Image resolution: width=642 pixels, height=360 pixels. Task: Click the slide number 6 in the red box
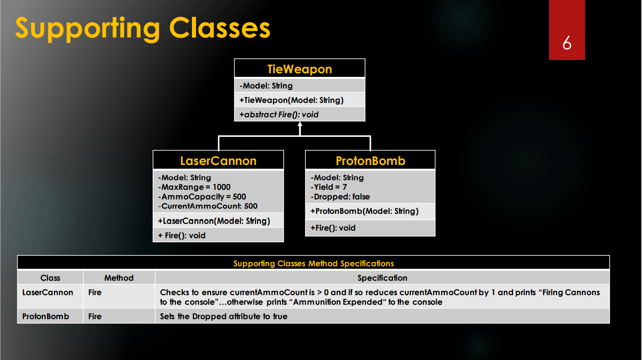[567, 43]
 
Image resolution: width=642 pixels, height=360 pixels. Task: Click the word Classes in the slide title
[220, 28]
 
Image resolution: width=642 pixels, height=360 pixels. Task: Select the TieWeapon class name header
[299, 69]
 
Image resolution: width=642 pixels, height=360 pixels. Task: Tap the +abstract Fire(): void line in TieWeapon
[279, 115]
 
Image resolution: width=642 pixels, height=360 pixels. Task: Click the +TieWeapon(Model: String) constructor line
[291, 100]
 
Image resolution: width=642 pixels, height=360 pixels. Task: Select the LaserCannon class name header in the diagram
[218, 161]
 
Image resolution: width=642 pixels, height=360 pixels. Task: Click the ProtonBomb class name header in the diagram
[370, 161]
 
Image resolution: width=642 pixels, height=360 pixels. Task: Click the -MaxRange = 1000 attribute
[194, 187]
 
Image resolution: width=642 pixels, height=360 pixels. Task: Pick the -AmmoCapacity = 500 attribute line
[202, 197]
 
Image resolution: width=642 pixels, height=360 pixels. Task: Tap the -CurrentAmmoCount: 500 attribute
[208, 206]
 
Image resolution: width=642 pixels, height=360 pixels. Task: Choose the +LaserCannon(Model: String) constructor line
[214, 221]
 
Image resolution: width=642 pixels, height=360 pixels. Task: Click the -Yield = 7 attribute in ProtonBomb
[329, 187]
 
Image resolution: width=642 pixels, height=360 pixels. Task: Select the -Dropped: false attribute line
[340, 197]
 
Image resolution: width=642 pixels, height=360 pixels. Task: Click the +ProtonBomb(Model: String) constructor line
[364, 211]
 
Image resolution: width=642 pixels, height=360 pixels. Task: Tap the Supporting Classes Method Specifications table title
[313, 263]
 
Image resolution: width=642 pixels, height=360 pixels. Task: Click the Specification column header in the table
[382, 278]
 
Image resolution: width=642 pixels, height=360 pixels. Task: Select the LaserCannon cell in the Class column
[48, 292]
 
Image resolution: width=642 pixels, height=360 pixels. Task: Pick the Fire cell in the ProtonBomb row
[95, 316]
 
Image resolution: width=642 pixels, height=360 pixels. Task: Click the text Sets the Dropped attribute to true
[224, 316]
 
